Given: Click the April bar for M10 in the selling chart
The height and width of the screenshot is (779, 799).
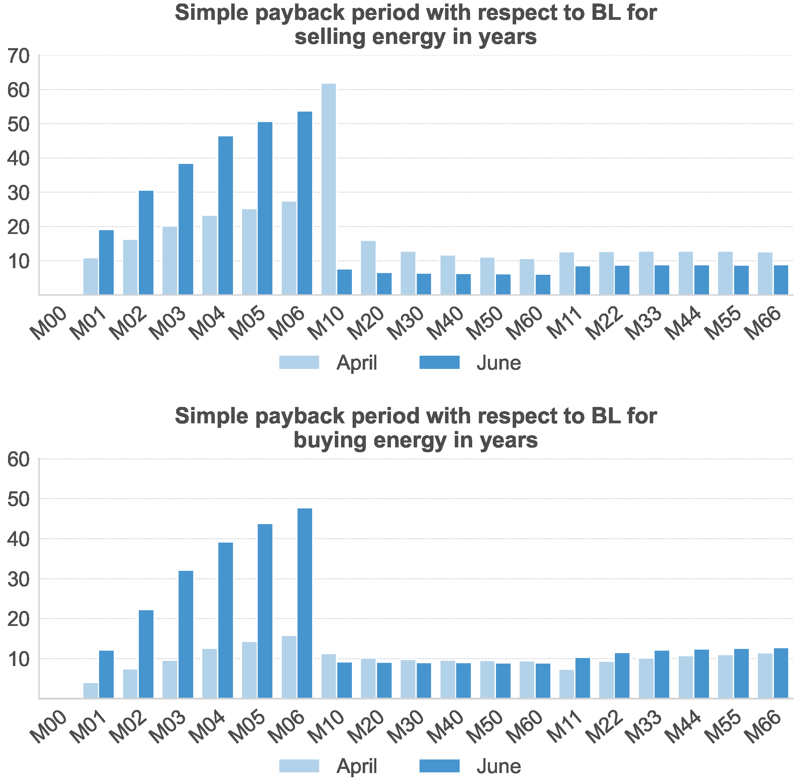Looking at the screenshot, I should [x=329, y=189].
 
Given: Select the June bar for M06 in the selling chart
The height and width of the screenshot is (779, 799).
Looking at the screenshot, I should [x=304, y=203].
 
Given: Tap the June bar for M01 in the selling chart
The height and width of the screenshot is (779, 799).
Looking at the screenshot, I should [x=106, y=262].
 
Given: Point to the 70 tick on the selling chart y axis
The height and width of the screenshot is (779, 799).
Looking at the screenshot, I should [x=19, y=56].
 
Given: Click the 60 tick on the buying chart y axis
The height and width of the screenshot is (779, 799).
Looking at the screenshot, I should [x=19, y=460].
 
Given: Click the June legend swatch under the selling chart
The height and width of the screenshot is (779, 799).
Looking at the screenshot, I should [x=439, y=363].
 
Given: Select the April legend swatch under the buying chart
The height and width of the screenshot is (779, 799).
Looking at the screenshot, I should [x=299, y=766].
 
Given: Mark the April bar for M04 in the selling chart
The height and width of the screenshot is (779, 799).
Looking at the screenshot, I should [x=210, y=255].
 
